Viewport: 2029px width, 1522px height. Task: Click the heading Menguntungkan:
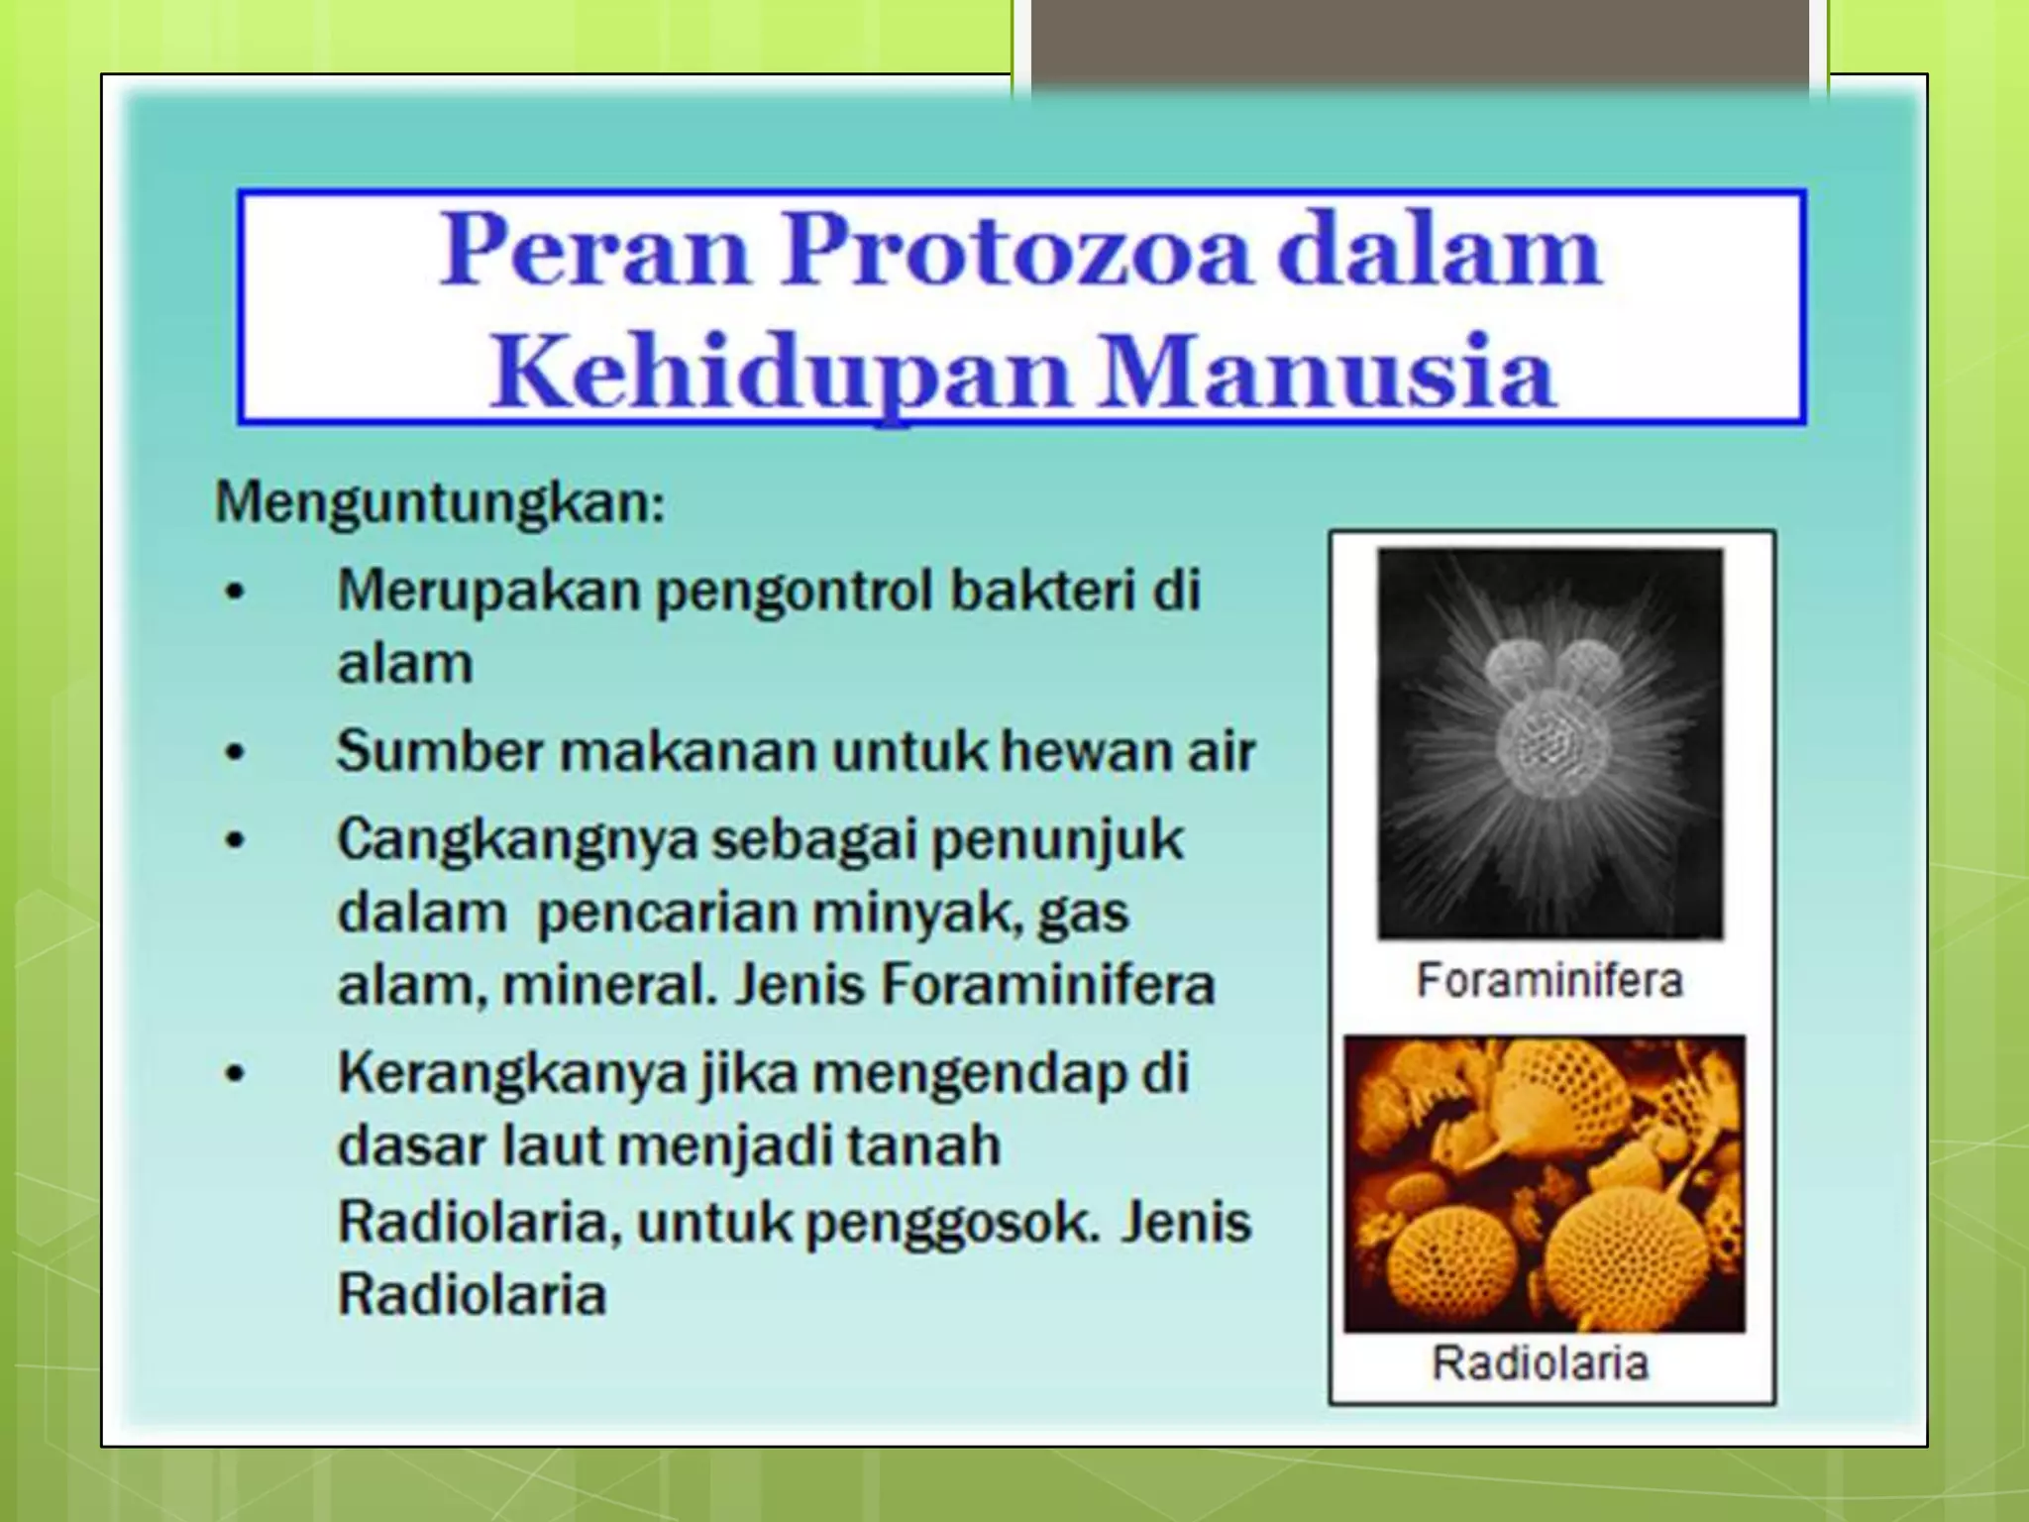(x=440, y=501)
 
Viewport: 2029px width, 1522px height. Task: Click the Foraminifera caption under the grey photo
(x=1549, y=981)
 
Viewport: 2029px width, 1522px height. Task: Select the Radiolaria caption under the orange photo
(x=1540, y=1362)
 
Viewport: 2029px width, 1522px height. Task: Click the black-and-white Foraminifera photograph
(x=1549, y=743)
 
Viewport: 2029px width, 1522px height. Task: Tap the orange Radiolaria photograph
(x=1544, y=1183)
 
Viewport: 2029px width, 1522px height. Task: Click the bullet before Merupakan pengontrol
(x=234, y=593)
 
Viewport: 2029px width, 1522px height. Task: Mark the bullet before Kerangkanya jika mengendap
(x=234, y=1074)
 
